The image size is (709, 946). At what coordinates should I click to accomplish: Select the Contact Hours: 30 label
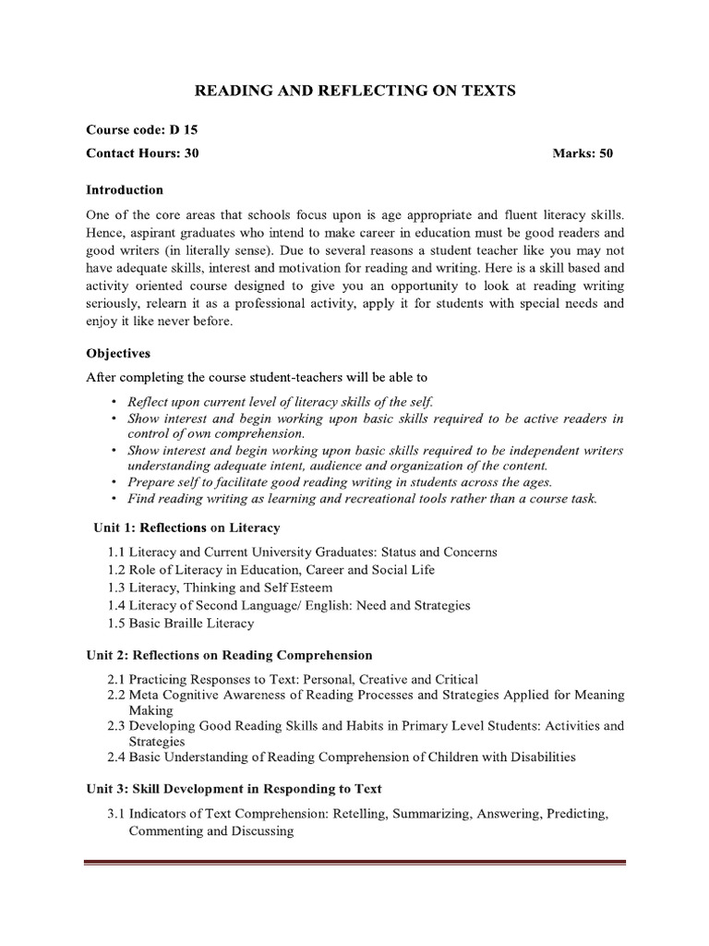coord(142,153)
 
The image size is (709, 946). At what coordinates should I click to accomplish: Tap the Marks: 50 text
coord(583,153)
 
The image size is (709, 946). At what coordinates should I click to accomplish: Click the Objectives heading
coord(118,353)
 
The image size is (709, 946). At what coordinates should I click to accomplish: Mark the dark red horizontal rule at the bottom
coord(354,864)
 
